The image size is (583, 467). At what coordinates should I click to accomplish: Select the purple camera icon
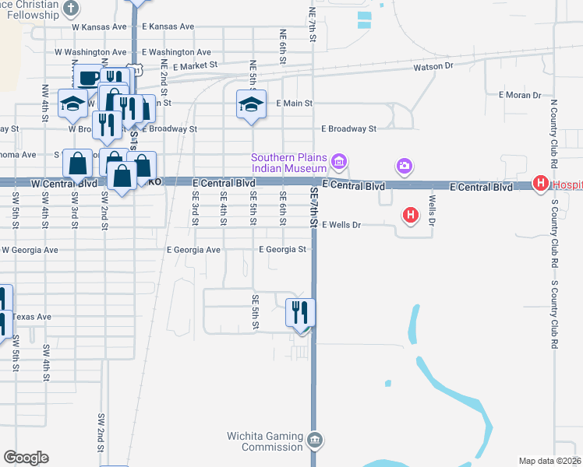(x=404, y=165)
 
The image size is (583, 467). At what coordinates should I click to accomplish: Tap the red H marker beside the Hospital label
(x=540, y=184)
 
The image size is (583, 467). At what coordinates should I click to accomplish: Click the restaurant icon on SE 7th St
(x=301, y=312)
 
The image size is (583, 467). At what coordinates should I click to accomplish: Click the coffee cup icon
(x=89, y=77)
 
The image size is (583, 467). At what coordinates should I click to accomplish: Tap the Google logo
(x=26, y=458)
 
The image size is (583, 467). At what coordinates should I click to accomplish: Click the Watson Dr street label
(x=433, y=67)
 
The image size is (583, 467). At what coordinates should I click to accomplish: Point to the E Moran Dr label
(x=519, y=95)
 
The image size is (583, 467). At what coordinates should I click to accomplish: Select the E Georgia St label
(x=286, y=250)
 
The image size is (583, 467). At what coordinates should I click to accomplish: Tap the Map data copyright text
(x=549, y=461)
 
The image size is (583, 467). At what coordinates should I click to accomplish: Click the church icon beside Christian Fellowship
(x=71, y=9)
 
